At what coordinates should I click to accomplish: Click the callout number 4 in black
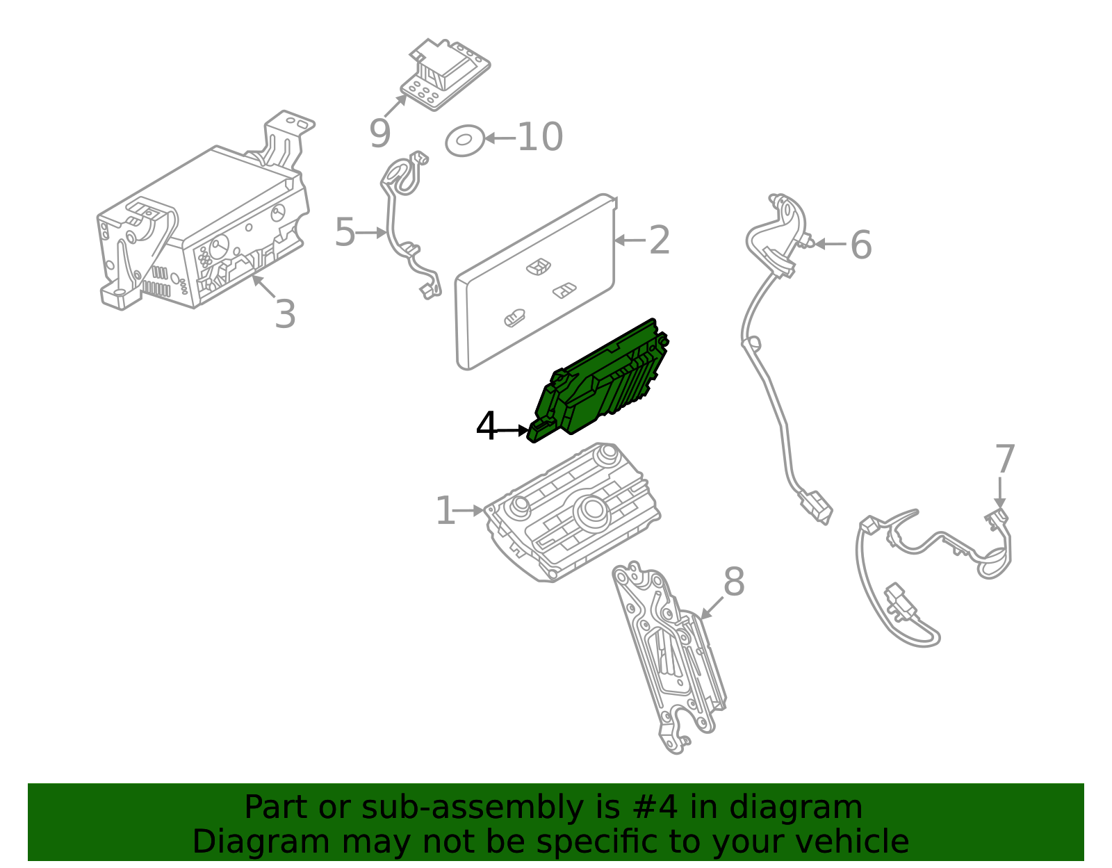[x=486, y=427]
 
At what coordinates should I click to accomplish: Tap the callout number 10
[x=540, y=137]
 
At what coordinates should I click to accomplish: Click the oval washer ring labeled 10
[x=464, y=140]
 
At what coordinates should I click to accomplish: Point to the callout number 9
[x=379, y=134]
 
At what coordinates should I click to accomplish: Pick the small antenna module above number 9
[x=445, y=74]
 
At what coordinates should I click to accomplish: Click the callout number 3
[x=285, y=314]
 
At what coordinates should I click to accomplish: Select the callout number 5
[x=345, y=232]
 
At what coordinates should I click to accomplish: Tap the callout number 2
[x=659, y=240]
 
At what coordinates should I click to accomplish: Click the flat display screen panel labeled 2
[x=535, y=285]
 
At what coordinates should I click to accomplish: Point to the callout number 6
[x=860, y=245]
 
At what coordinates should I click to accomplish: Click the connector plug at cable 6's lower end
[x=816, y=507]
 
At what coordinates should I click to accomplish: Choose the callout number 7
[x=1004, y=459]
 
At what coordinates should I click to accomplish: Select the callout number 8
[x=733, y=582]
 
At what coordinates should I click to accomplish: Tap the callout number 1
[x=445, y=511]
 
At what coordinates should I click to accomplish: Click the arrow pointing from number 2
[x=629, y=240]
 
